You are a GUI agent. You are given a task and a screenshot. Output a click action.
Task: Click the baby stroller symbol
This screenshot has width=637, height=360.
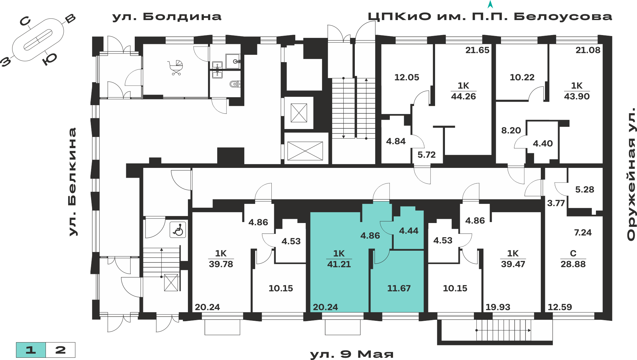coord(175,68)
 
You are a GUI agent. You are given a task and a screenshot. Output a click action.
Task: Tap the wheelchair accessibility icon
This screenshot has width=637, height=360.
coord(178,230)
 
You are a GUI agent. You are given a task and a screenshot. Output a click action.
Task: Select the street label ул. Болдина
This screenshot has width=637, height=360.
coord(167,17)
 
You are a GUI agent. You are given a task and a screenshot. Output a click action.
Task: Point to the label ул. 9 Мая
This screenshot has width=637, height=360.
coord(352,354)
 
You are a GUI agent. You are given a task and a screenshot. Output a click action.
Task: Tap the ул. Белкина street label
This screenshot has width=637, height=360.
coord(73,182)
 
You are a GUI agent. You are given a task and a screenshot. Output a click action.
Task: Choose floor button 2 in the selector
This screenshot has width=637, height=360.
coord(61,350)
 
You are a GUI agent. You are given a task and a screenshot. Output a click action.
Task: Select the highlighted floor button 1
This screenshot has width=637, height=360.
coord(31,350)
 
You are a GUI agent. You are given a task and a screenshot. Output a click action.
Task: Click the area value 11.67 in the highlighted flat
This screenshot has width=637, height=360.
coord(399,288)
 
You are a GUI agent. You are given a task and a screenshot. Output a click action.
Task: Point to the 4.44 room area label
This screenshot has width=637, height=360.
coord(409,231)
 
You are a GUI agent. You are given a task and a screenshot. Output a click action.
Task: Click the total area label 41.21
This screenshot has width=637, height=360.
coord(339,264)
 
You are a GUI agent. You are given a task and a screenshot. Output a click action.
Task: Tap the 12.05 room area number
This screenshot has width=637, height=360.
coord(407,77)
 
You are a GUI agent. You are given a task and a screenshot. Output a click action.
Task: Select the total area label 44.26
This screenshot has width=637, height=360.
coord(463,96)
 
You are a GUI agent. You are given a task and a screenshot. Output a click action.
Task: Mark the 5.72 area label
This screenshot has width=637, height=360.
coord(426,155)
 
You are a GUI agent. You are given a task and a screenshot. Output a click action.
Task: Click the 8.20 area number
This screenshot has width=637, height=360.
coord(511,130)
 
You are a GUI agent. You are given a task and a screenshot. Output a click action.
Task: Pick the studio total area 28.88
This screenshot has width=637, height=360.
coord(573,264)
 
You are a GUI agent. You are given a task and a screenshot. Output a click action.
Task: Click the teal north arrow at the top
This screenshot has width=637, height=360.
coord(490,4)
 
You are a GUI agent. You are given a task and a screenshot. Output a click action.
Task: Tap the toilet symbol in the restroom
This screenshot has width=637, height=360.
coord(235,84)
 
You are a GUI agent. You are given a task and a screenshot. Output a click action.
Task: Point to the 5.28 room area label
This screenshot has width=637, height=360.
coord(584,190)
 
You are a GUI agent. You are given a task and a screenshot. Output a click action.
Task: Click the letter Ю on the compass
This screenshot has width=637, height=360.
coord(50,59)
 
